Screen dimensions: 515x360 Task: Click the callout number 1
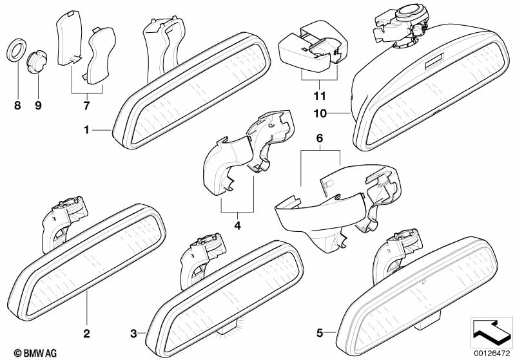coord(87,130)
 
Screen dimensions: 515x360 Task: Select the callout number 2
coord(86,334)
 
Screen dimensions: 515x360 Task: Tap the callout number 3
coord(133,334)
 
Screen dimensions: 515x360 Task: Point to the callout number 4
coord(237,225)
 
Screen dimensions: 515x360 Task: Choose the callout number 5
coord(320,334)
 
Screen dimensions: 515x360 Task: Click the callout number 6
coord(320,138)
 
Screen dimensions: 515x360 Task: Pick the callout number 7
coord(86,106)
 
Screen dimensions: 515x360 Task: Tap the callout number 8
coord(17,106)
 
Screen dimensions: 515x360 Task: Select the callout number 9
coord(38,106)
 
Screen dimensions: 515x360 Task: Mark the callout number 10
coord(320,113)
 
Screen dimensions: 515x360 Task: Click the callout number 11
coord(320,96)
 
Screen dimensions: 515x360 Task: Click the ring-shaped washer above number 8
coord(17,50)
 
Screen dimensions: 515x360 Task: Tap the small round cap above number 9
coord(37,62)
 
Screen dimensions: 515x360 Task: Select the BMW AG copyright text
coord(35,353)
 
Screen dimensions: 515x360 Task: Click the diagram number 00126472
coord(492,353)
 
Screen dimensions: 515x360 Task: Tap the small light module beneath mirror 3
coord(228,328)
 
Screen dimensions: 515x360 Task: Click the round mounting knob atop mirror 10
coord(411,12)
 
